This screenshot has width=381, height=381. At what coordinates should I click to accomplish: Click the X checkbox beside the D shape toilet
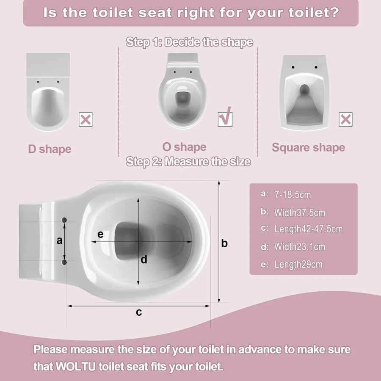pyautogui.click(x=86, y=119)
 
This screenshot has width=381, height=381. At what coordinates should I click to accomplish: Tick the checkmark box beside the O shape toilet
pyautogui.click(x=225, y=119)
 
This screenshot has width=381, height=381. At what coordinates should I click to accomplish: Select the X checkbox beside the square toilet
pyautogui.click(x=345, y=119)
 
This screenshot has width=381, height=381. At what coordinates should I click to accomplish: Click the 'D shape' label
pyautogui.click(x=50, y=149)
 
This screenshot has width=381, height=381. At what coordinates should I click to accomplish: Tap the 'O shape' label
pyautogui.click(x=184, y=147)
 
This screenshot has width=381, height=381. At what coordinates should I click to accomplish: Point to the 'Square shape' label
pyautogui.click(x=308, y=147)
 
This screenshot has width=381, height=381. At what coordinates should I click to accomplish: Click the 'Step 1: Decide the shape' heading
pyautogui.click(x=190, y=42)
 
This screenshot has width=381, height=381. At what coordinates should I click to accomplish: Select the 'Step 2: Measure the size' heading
pyautogui.click(x=188, y=162)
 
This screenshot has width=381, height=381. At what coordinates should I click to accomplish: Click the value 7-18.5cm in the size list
pyautogui.click(x=293, y=195)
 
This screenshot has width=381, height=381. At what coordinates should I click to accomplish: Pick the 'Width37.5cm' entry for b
pyautogui.click(x=300, y=213)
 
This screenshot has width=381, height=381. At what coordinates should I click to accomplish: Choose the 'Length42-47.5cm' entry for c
pyautogui.click(x=308, y=229)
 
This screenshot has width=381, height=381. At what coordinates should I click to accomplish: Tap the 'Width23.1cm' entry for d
pyautogui.click(x=300, y=247)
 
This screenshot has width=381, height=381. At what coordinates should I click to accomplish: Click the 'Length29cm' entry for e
pyautogui.click(x=298, y=264)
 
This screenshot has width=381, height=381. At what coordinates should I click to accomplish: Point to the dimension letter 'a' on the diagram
pyautogui.click(x=59, y=240)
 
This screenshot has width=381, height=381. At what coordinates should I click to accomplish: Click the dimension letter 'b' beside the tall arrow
pyautogui.click(x=224, y=243)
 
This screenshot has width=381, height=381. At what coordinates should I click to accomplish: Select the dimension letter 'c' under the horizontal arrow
pyautogui.click(x=139, y=312)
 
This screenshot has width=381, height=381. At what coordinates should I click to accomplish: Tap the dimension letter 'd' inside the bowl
pyautogui.click(x=144, y=260)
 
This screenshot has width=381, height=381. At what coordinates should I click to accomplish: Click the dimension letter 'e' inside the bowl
pyautogui.click(x=100, y=234)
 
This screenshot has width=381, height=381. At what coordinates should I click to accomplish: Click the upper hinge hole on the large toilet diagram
pyautogui.click(x=64, y=220)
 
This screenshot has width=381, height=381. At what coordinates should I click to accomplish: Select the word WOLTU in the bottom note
pyautogui.click(x=76, y=367)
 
